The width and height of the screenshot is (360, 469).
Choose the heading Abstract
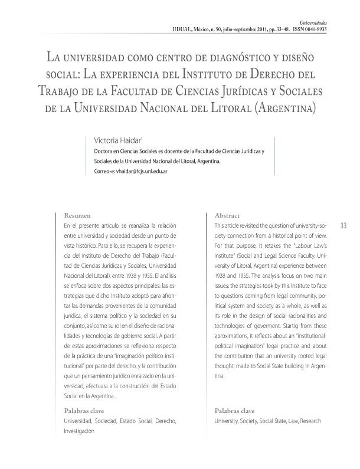[x=227, y=216]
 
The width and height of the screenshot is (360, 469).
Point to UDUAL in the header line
[x=184, y=28]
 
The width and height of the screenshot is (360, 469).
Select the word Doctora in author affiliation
[x=104, y=151]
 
